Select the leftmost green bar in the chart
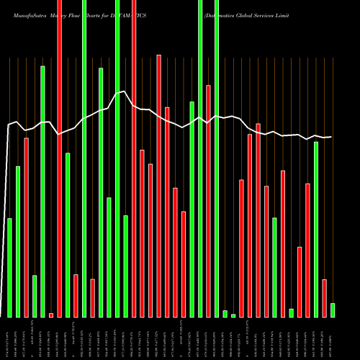click(9, 267)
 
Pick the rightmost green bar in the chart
click(333, 310)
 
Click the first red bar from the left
click(26, 227)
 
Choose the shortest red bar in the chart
click(51, 315)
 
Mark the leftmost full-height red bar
click(59, 158)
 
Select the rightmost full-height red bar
click(134, 158)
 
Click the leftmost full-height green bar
click(84, 158)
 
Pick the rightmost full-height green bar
click(217, 158)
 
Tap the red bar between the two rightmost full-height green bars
click(209, 201)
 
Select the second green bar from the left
click(18, 241)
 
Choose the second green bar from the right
click(316, 229)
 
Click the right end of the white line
click(331, 137)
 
